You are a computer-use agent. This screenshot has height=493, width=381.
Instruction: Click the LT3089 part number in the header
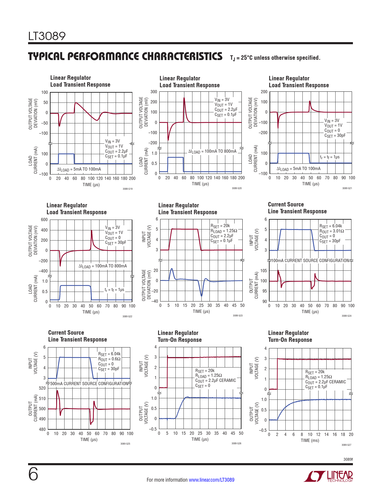pos(47,36)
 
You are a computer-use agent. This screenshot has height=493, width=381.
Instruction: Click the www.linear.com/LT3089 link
pos(212,480)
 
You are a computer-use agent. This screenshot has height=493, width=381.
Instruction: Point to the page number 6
pos(33,474)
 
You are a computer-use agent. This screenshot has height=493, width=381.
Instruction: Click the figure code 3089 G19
pos(127,189)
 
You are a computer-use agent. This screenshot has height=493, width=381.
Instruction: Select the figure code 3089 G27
pos(346,445)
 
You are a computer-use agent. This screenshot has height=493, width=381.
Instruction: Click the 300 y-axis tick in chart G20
pos(154,92)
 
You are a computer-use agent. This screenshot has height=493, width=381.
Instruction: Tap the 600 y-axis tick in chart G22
pos(44,220)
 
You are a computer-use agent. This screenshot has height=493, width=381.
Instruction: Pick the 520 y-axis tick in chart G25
pos(42,388)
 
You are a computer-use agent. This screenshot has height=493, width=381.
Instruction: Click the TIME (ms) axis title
pos(310,440)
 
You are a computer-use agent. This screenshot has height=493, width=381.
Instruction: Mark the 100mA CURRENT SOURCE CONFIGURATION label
pos(310,261)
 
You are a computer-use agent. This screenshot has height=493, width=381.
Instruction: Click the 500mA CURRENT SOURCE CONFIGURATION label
pos(89,384)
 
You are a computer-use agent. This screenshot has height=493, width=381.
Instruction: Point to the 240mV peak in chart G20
pos(184,98)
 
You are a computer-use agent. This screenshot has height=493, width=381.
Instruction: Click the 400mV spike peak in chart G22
pos(91,230)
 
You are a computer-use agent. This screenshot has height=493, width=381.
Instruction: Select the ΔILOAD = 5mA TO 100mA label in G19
pos(79,169)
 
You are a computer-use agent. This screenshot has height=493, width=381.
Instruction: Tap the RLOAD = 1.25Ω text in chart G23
pos(224,231)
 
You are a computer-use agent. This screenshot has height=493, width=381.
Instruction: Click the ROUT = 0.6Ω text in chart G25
pos(109,359)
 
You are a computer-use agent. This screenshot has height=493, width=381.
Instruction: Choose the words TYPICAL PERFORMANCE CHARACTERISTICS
pos(125,56)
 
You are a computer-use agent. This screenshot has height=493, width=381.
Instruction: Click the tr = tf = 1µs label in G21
pos(330,157)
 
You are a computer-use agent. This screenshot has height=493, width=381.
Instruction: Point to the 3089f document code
pos(348,459)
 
